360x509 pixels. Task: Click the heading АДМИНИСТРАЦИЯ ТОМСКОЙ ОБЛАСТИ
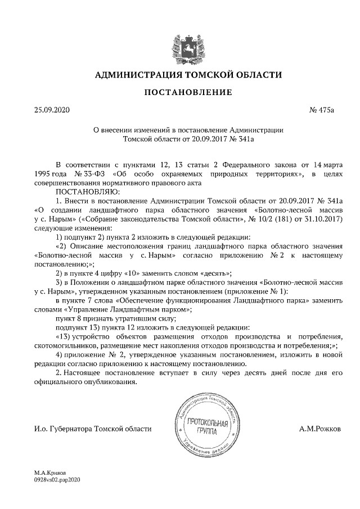(180, 75)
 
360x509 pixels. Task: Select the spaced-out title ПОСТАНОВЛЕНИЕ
(180, 92)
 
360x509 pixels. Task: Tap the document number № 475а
(322, 110)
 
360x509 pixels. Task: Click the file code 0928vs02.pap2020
(57, 480)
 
